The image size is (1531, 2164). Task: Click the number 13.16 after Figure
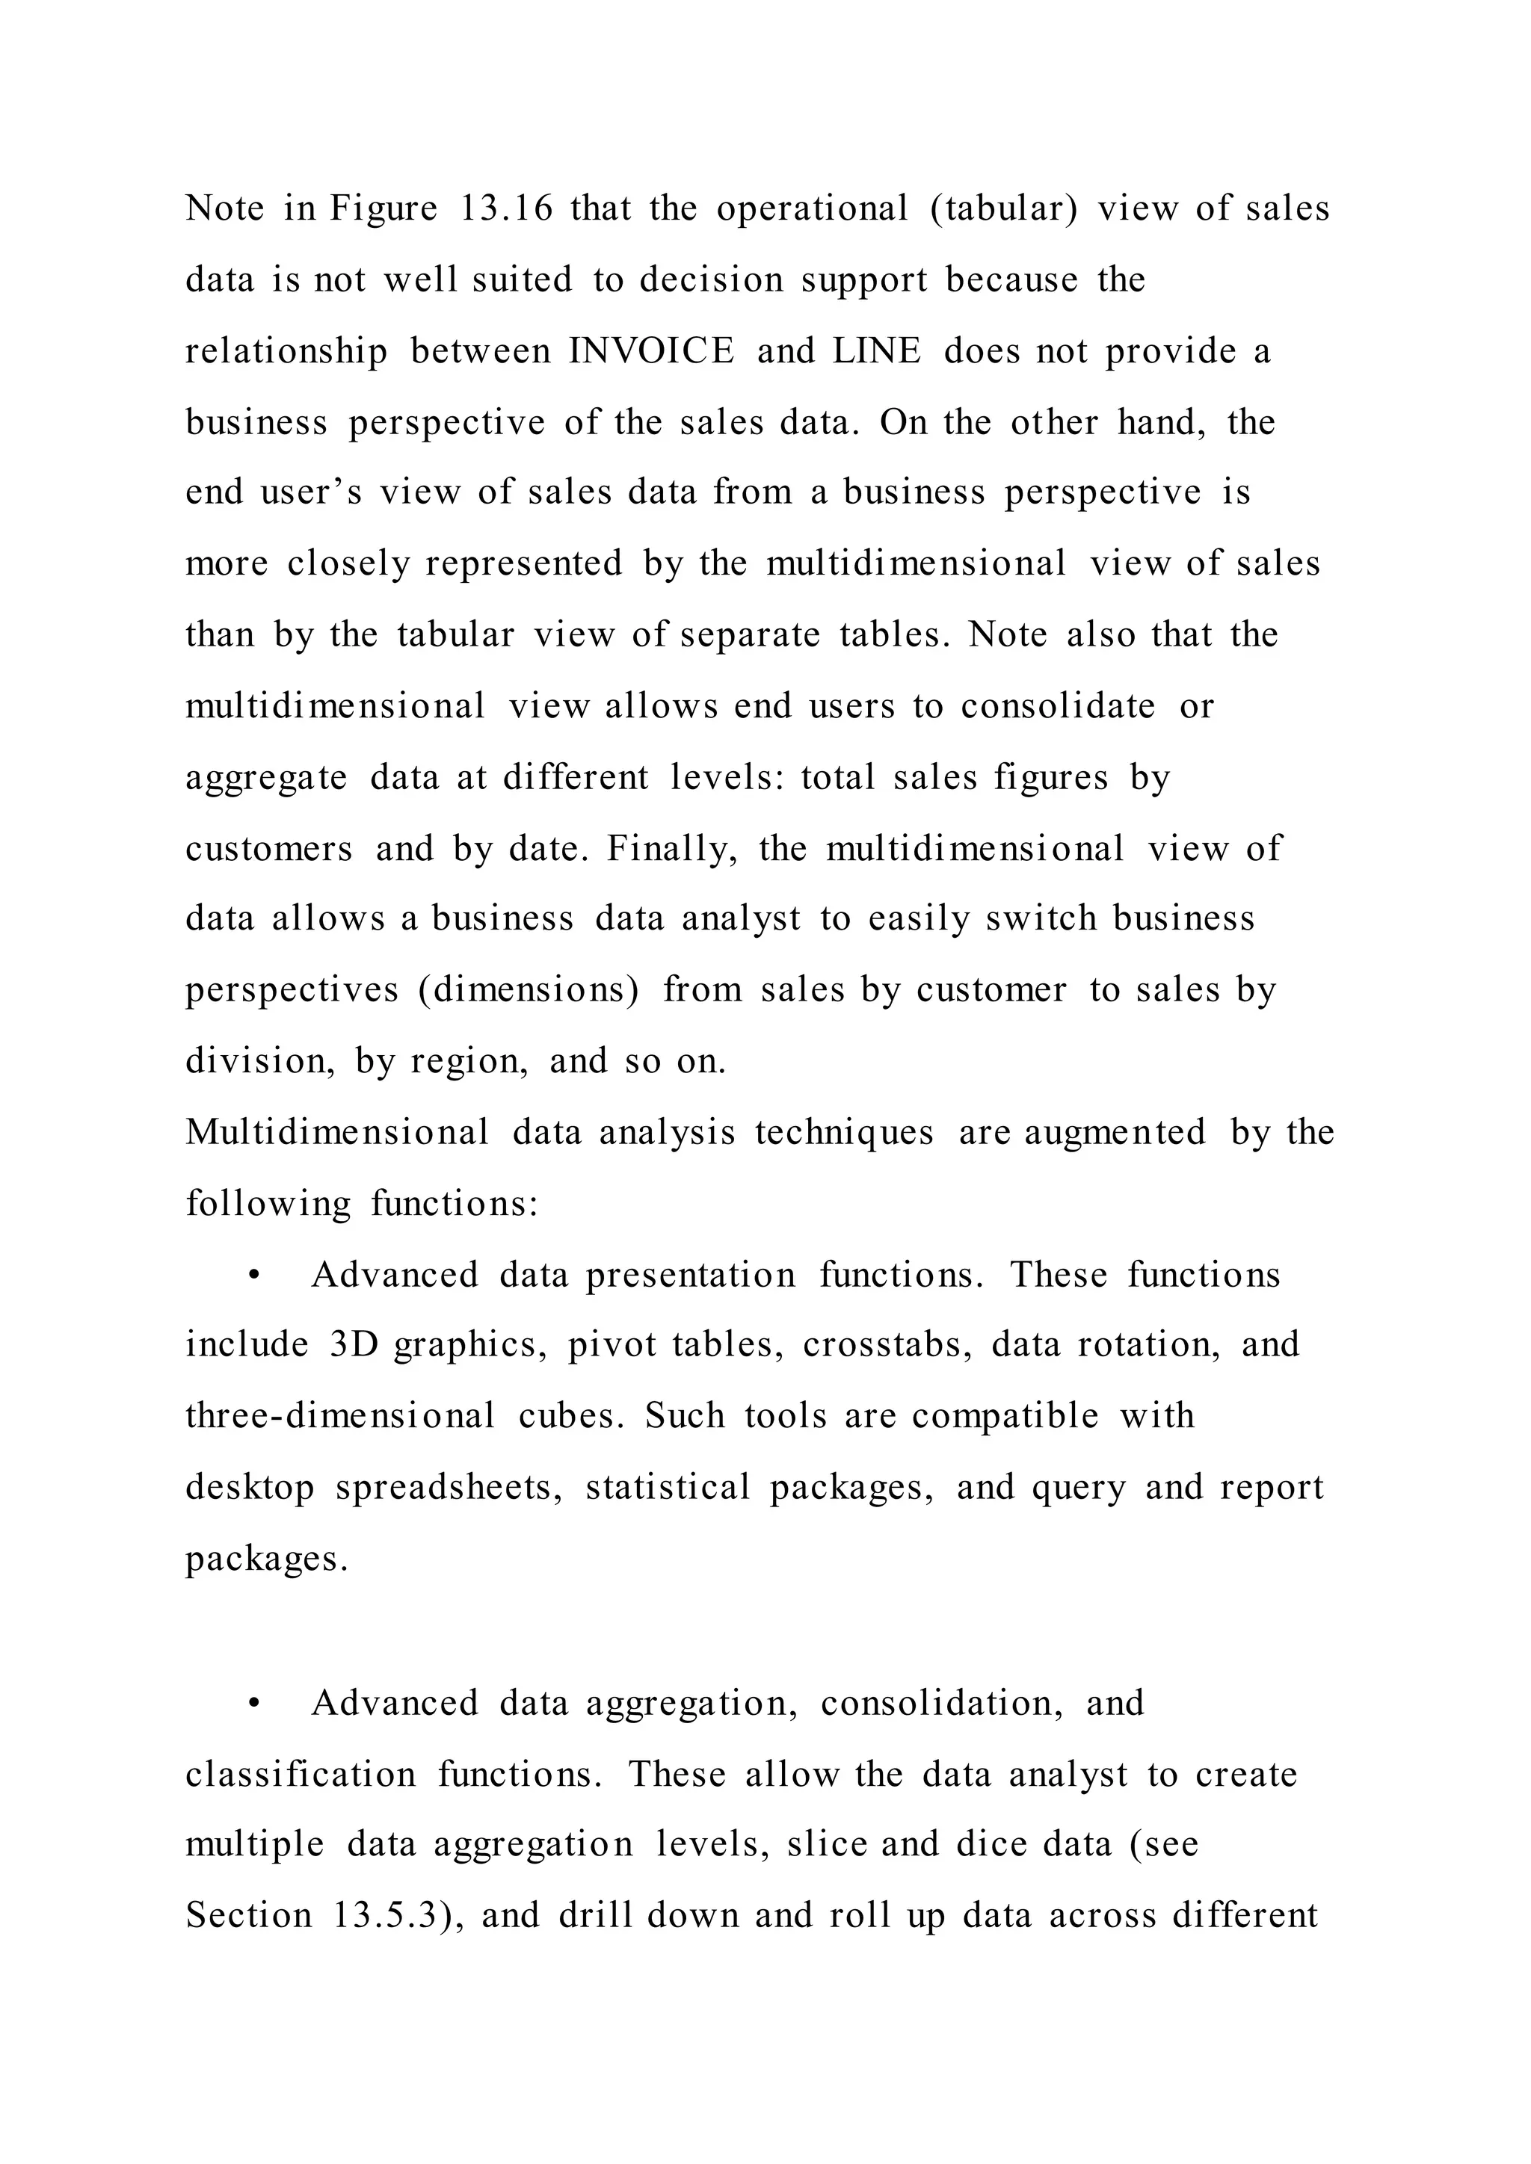click(505, 208)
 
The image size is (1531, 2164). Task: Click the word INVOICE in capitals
click(650, 350)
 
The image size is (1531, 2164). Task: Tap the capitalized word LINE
click(876, 350)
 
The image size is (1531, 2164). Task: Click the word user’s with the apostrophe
click(310, 492)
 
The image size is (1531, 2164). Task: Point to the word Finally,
click(671, 848)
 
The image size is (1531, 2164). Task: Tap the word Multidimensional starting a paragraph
click(336, 1132)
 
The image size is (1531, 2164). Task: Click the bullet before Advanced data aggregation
click(253, 1704)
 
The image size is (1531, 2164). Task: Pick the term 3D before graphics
click(354, 1345)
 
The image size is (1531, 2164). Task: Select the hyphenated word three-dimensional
click(339, 1417)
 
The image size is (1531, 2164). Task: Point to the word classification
click(300, 1775)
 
